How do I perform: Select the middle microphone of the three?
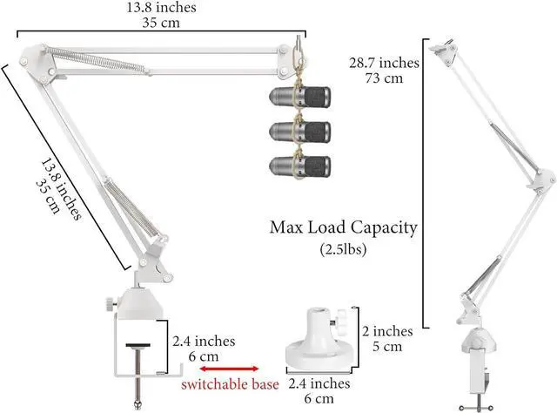pyautogui.click(x=301, y=130)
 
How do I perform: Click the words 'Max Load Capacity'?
pyautogui.click(x=344, y=228)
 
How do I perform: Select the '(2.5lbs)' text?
pyautogui.click(x=344, y=251)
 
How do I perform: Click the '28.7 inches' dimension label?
pyautogui.click(x=384, y=64)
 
